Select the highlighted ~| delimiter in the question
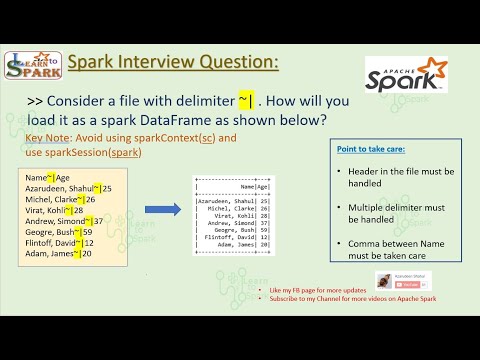click(244, 100)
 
